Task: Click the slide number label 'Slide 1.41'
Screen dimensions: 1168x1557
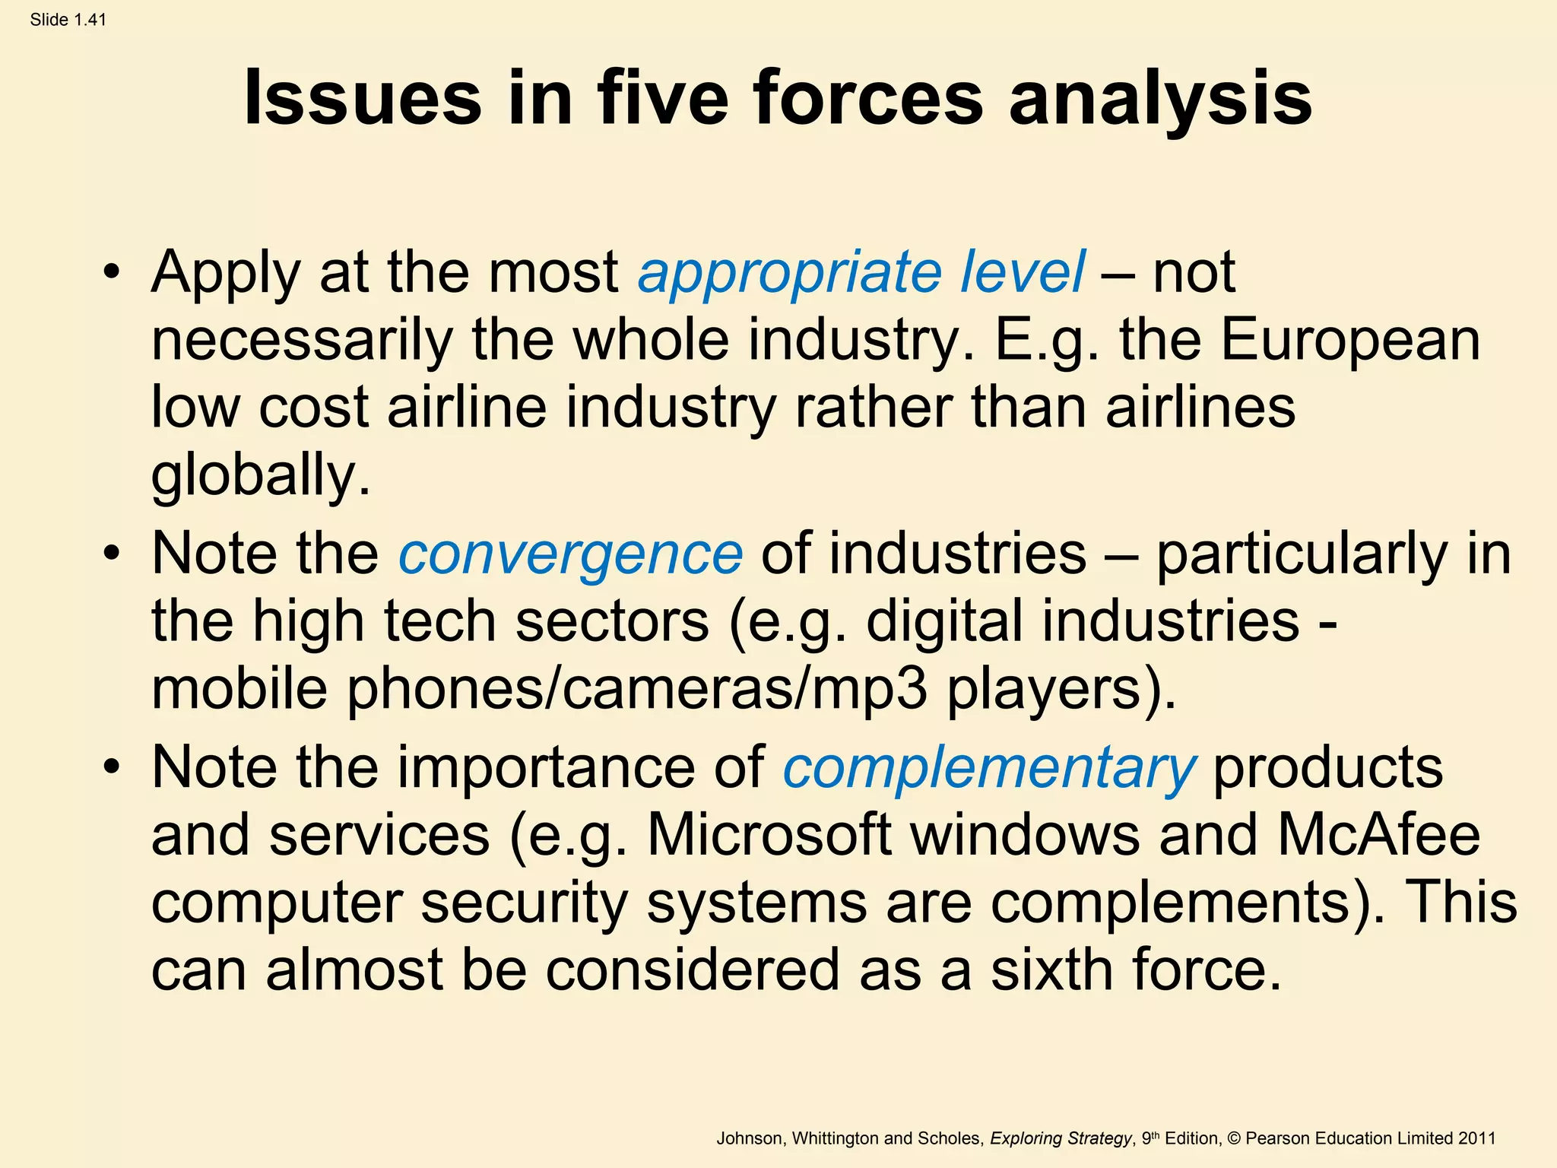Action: pyautogui.click(x=68, y=20)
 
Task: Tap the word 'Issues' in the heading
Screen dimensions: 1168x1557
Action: pyautogui.click(x=363, y=99)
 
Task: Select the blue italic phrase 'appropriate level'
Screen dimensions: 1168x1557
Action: pyautogui.click(x=861, y=272)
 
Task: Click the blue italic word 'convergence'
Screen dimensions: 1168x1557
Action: pyautogui.click(x=570, y=554)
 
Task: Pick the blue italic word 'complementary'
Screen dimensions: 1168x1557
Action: pyautogui.click(x=989, y=768)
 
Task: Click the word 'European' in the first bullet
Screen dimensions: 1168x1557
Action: pyautogui.click(x=1350, y=340)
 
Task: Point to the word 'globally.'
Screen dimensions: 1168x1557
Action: pyautogui.click(x=261, y=475)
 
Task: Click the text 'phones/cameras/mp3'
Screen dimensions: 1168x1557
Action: pyautogui.click(x=637, y=689)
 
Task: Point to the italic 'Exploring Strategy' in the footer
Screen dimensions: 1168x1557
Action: pyautogui.click(x=1061, y=1138)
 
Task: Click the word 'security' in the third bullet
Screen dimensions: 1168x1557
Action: pyautogui.click(x=524, y=903)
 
